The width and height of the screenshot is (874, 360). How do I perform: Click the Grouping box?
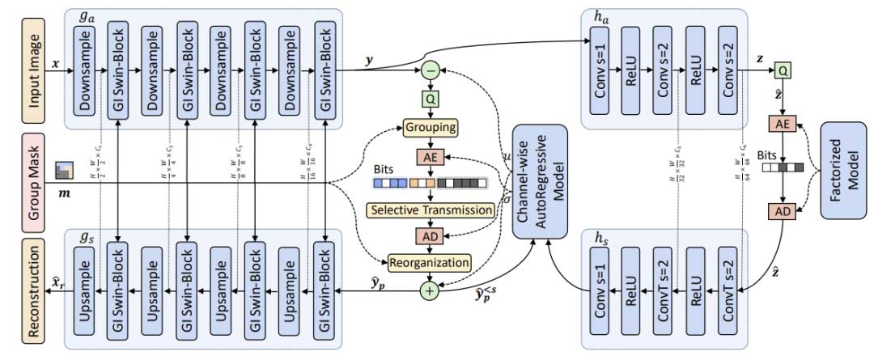click(427, 128)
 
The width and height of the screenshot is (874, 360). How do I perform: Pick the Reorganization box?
click(429, 263)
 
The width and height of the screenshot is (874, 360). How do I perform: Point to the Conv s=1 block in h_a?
click(599, 70)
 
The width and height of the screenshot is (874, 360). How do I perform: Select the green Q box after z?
click(783, 71)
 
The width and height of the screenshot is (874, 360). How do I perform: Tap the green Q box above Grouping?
click(428, 100)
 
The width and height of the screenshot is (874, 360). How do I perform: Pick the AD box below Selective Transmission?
click(428, 237)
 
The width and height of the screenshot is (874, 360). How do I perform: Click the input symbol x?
click(55, 61)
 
